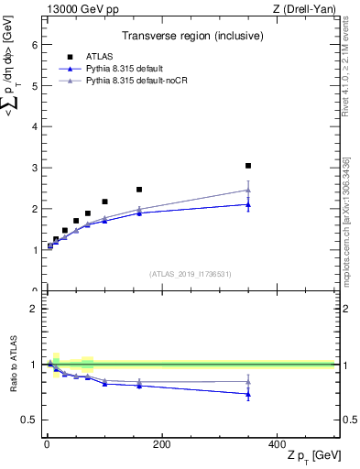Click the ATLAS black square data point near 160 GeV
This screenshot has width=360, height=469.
(139, 190)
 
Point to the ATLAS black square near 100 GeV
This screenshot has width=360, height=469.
(104, 202)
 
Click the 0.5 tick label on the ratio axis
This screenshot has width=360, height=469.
(29, 420)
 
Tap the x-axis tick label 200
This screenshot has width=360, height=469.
(162, 444)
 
